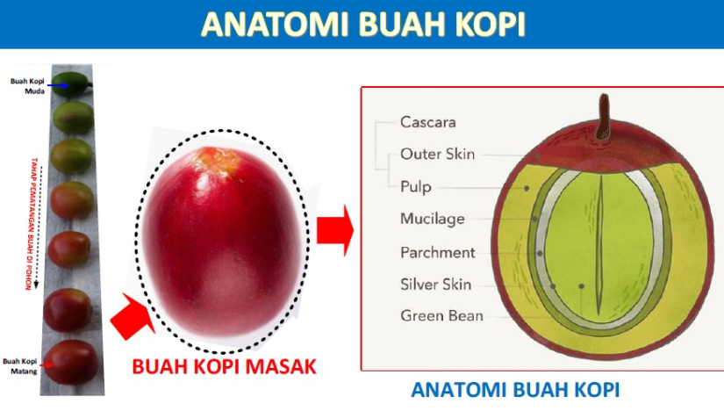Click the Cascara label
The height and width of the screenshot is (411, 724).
(x=427, y=122)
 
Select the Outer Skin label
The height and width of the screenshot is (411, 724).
(x=437, y=154)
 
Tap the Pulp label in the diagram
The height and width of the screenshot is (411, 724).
(x=416, y=187)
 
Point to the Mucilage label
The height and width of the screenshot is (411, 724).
(x=432, y=219)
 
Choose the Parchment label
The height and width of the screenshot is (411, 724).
(x=437, y=252)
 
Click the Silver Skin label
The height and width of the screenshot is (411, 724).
(x=435, y=284)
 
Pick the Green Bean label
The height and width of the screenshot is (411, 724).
(x=441, y=316)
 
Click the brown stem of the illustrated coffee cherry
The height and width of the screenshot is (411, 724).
(x=603, y=118)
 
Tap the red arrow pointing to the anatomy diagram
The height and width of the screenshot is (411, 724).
(x=335, y=230)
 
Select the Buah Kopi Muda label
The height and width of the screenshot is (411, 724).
(x=28, y=86)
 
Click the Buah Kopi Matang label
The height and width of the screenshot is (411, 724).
(x=20, y=365)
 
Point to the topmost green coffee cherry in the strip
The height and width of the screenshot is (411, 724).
(x=71, y=84)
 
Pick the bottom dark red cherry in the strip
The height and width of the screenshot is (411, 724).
(x=72, y=362)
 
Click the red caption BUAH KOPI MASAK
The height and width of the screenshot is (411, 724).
(x=224, y=367)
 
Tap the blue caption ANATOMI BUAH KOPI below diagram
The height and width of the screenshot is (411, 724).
(x=515, y=390)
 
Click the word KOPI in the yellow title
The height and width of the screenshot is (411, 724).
(x=491, y=24)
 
